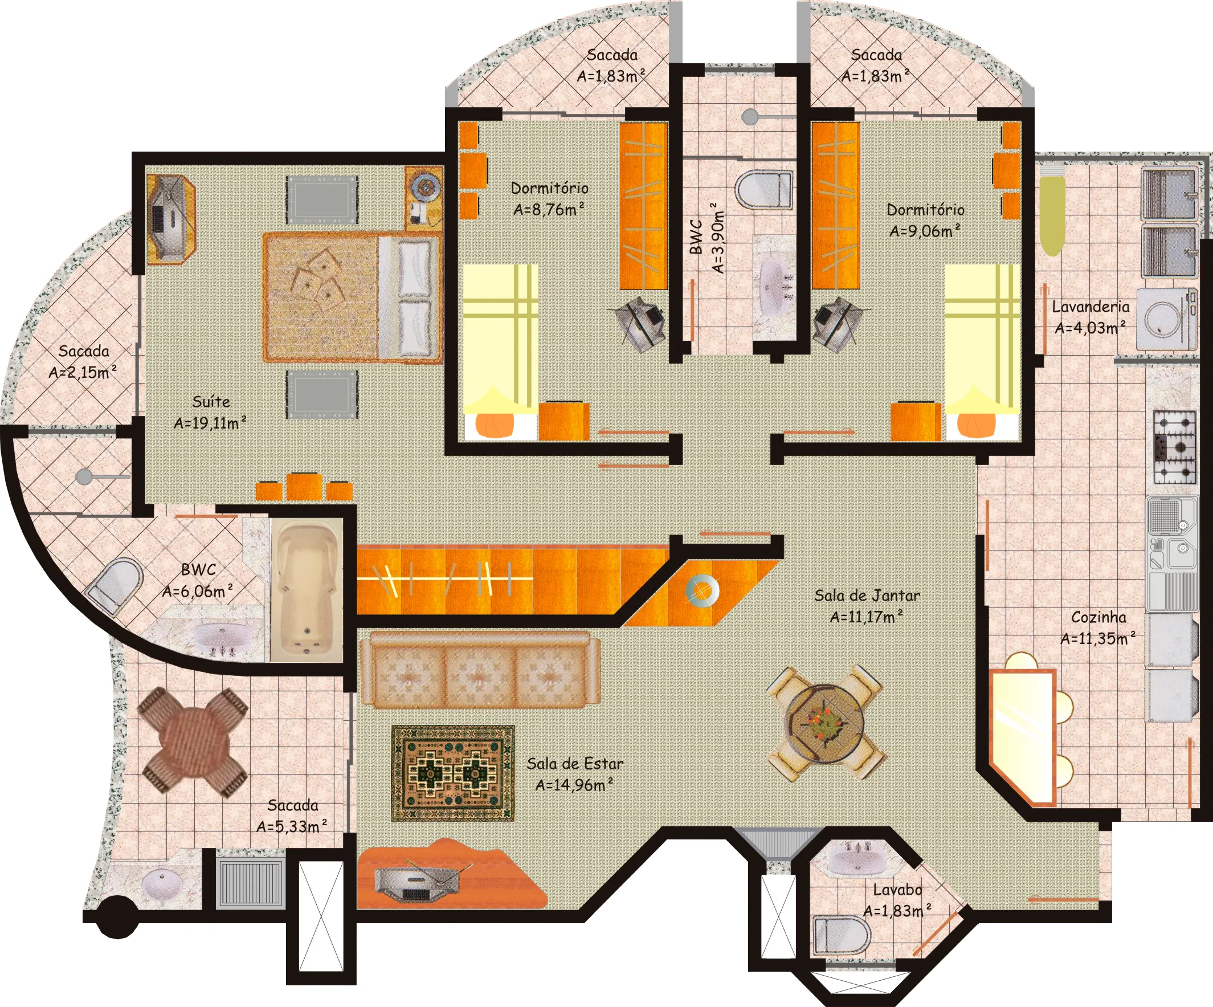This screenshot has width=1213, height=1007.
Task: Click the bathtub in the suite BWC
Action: [307, 590]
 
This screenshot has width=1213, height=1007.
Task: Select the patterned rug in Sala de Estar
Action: [453, 773]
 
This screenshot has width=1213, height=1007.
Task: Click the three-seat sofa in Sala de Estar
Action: [479, 670]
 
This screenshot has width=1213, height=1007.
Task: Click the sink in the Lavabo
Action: [857, 861]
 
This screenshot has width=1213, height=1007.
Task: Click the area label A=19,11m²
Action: [210, 423]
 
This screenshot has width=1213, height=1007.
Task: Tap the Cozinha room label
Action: [1098, 617]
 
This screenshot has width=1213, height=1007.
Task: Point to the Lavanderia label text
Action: [1090, 307]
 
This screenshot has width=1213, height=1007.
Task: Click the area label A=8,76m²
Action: [549, 209]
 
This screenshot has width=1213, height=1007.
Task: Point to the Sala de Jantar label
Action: [867, 595]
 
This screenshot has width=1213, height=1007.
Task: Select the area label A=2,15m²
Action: [83, 372]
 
